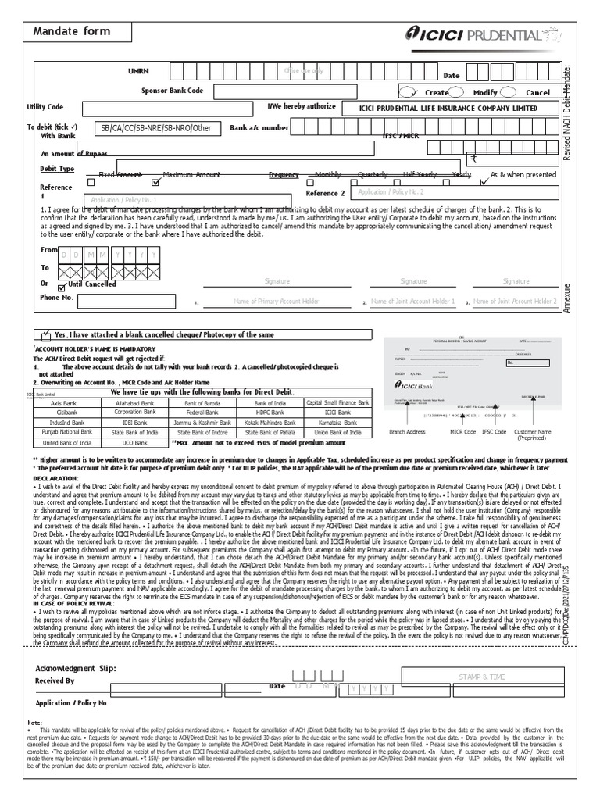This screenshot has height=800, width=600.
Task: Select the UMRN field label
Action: [x=138, y=71]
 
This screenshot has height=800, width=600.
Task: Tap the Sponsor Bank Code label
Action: [x=172, y=91]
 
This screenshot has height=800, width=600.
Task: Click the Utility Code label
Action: [x=45, y=106]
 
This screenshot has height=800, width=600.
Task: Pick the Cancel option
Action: [x=537, y=92]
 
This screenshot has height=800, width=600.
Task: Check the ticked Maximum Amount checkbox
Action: [x=155, y=183]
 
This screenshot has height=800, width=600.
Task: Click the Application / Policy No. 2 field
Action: [x=454, y=192]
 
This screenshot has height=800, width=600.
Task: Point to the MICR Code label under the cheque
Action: [x=463, y=431]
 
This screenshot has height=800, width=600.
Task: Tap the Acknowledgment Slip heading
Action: [x=76, y=669]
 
